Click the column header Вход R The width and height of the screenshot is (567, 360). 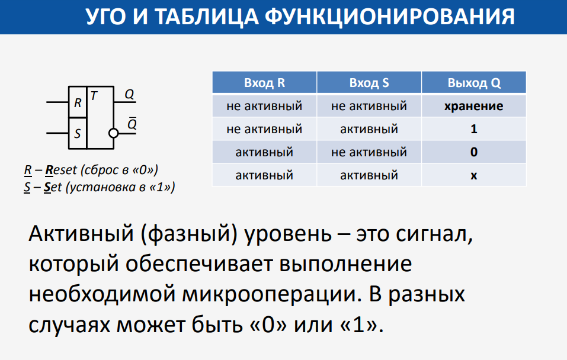pos(264,83)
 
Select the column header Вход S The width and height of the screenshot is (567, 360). pos(369,83)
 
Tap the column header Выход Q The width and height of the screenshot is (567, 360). pos(474,83)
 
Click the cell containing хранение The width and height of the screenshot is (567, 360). pos(474,106)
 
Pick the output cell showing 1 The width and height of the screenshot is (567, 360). pos(474,129)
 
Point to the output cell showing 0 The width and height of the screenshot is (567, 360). pos(474,152)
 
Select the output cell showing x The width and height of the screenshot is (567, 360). pos(474,175)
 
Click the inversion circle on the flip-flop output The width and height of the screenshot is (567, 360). pos(114,133)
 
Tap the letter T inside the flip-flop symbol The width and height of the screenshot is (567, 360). pos(94,96)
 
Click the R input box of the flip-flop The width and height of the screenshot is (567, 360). pos(78,102)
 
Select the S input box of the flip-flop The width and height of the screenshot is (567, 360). pos(78,133)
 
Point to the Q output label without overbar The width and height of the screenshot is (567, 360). pos(129,94)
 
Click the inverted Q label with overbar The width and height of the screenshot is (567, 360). pos(132,123)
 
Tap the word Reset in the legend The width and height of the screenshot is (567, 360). pos(61,170)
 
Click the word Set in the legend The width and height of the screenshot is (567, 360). pos(53,187)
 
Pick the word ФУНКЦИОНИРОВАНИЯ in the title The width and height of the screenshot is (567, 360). pos(390,17)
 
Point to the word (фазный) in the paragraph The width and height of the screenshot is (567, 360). pos(189,234)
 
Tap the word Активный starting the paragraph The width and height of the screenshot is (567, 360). pos(81,233)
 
